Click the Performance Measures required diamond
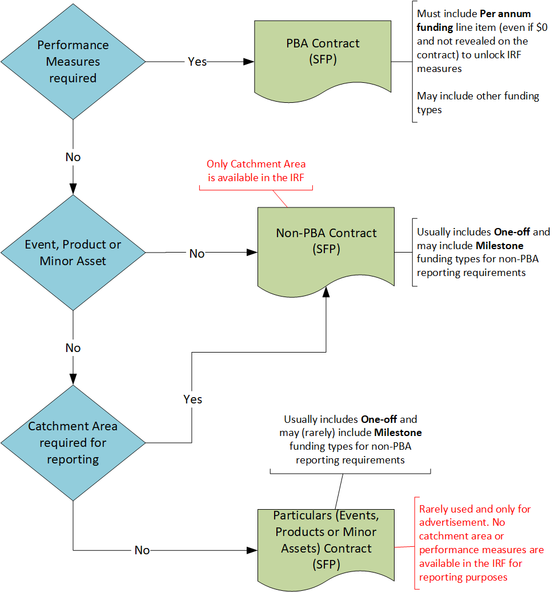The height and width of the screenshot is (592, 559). click(73, 61)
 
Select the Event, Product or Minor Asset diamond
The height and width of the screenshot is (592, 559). click(73, 253)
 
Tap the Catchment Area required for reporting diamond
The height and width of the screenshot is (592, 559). click(73, 442)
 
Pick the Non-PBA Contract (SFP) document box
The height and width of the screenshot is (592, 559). click(326, 241)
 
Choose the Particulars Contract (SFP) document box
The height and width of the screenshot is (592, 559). click(326, 540)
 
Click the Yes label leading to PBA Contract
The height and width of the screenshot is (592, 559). click(198, 62)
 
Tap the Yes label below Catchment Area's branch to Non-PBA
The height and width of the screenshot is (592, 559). click(193, 399)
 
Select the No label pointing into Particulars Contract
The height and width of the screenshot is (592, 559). click(142, 550)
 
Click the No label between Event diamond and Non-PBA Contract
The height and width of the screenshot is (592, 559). click(197, 253)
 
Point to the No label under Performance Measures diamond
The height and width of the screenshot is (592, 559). click(73, 157)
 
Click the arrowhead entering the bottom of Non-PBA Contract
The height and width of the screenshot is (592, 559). click(326, 292)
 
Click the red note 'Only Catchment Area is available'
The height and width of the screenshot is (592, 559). click(256, 170)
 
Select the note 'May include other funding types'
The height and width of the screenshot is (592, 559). click(478, 103)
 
